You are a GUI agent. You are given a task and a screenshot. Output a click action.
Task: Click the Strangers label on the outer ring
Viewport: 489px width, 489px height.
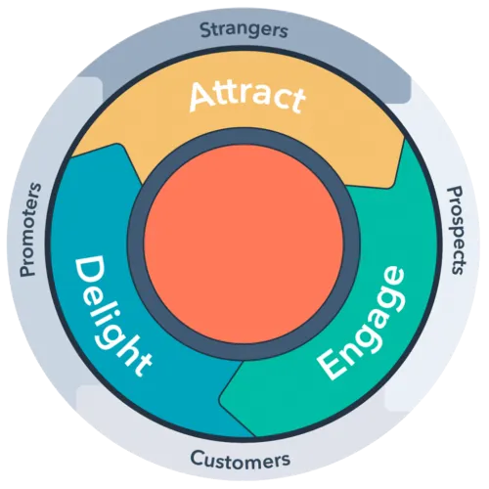pyautogui.click(x=244, y=29)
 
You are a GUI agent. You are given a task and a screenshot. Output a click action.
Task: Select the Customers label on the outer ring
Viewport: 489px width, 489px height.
pyautogui.click(x=240, y=458)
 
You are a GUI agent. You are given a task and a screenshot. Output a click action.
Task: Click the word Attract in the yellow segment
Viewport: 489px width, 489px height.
pyautogui.click(x=246, y=97)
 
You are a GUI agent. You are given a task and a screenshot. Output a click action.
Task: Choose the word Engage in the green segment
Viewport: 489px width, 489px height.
pyautogui.click(x=362, y=323)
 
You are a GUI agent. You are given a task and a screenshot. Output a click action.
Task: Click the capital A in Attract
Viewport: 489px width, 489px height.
pyautogui.click(x=203, y=98)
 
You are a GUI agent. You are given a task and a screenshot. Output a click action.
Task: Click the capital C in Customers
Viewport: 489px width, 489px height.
pyautogui.click(x=197, y=457)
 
